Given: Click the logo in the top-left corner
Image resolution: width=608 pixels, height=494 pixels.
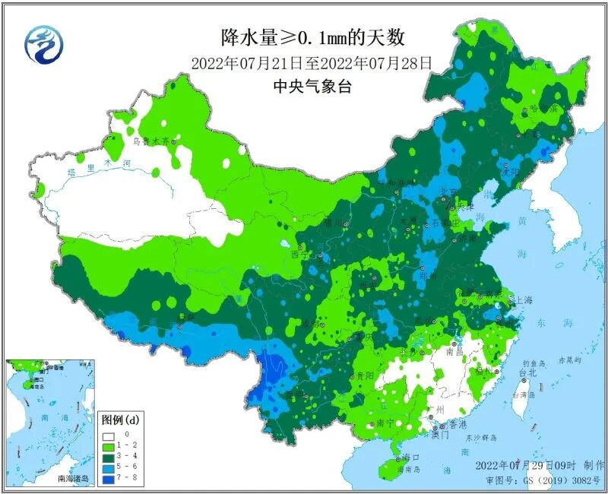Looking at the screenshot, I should (44, 45).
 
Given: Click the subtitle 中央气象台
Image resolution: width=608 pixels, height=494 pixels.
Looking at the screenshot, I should (312, 87).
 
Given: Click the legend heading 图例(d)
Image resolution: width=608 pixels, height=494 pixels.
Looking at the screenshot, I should (120, 420).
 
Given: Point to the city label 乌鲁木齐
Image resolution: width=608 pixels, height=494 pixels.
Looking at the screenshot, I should (150, 141).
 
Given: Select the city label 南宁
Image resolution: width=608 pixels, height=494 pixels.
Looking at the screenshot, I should (385, 423).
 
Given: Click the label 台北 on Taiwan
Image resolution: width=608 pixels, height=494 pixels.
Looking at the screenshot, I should (527, 373).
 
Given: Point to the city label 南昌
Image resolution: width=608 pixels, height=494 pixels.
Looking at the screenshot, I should (454, 352).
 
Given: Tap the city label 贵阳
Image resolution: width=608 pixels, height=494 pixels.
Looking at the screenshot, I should (363, 375).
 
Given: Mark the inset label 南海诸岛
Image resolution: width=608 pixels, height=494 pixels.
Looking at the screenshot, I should (73, 479).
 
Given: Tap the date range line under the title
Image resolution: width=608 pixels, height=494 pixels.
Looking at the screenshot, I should (312, 63).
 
